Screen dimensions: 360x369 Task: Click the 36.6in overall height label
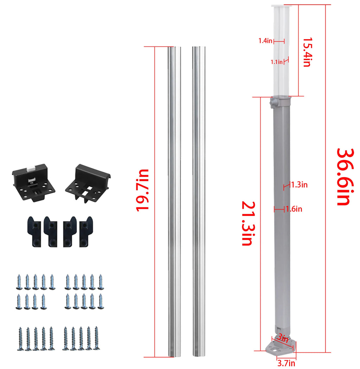point(345,177)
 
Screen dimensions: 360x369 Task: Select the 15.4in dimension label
point(308,52)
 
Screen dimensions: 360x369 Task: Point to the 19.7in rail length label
point(142,190)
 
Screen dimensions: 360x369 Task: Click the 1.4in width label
point(265,41)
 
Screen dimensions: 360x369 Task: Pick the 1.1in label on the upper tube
point(277,62)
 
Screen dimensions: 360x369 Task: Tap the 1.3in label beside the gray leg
point(299,185)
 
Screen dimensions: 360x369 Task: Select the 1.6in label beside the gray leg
point(294,209)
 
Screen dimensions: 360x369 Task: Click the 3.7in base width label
point(286,363)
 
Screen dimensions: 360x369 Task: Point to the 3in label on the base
point(283,338)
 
